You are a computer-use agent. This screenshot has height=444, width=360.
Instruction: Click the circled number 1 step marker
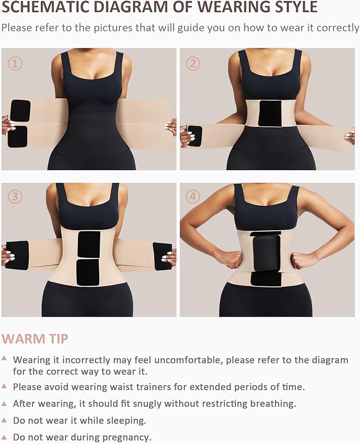point(15,64)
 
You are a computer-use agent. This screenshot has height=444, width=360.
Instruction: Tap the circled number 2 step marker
point(193,64)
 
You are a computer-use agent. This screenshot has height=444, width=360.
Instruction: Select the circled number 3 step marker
point(15,197)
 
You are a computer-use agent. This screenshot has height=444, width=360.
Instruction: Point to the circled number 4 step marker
point(193,197)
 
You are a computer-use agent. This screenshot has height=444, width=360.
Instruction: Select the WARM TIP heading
point(35,338)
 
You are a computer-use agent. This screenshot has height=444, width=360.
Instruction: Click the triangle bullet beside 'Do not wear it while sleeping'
point(4,420)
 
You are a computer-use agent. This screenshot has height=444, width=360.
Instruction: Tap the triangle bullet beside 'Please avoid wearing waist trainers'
point(4,387)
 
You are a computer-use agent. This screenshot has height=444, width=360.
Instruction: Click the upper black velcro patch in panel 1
point(20,111)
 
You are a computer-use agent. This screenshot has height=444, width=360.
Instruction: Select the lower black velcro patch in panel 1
point(17,137)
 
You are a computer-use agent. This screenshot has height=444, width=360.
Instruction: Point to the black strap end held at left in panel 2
point(195,136)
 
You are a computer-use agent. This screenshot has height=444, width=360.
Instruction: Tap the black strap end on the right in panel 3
point(162,256)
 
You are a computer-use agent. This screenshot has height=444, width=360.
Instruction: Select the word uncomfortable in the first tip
point(206,360)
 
